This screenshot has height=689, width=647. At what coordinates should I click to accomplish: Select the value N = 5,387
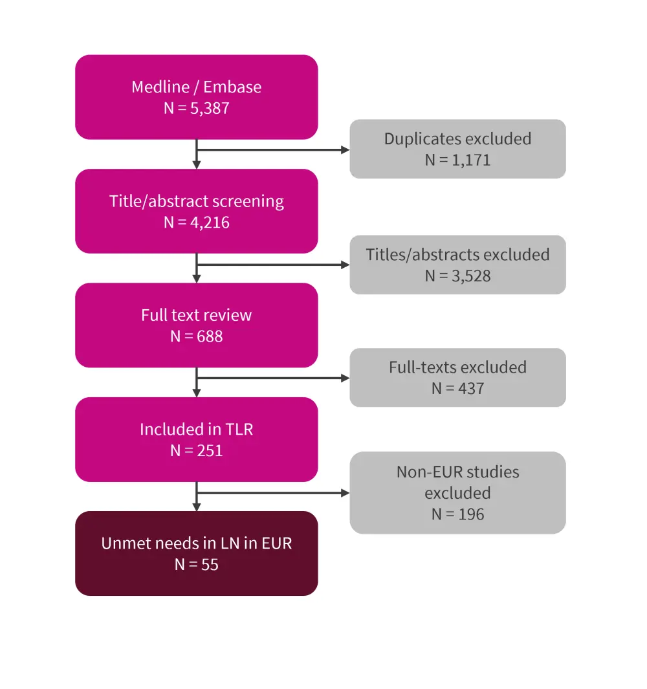196,108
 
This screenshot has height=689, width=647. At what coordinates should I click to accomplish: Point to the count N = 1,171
457,160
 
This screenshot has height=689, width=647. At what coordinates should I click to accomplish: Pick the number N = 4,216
196,223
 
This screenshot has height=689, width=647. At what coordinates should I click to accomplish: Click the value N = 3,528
457,276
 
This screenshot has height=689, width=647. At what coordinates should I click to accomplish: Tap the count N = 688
196,336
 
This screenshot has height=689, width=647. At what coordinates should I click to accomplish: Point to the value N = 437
457,389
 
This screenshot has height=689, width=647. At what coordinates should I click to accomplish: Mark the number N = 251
196,450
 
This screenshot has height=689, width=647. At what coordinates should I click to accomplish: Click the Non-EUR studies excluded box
457,482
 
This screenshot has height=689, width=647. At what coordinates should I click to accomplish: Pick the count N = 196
457,514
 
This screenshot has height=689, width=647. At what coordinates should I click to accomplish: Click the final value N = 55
196,565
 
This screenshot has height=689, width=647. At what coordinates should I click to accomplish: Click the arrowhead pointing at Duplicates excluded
345,150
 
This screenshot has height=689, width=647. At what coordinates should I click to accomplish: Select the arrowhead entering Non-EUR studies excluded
345,493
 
